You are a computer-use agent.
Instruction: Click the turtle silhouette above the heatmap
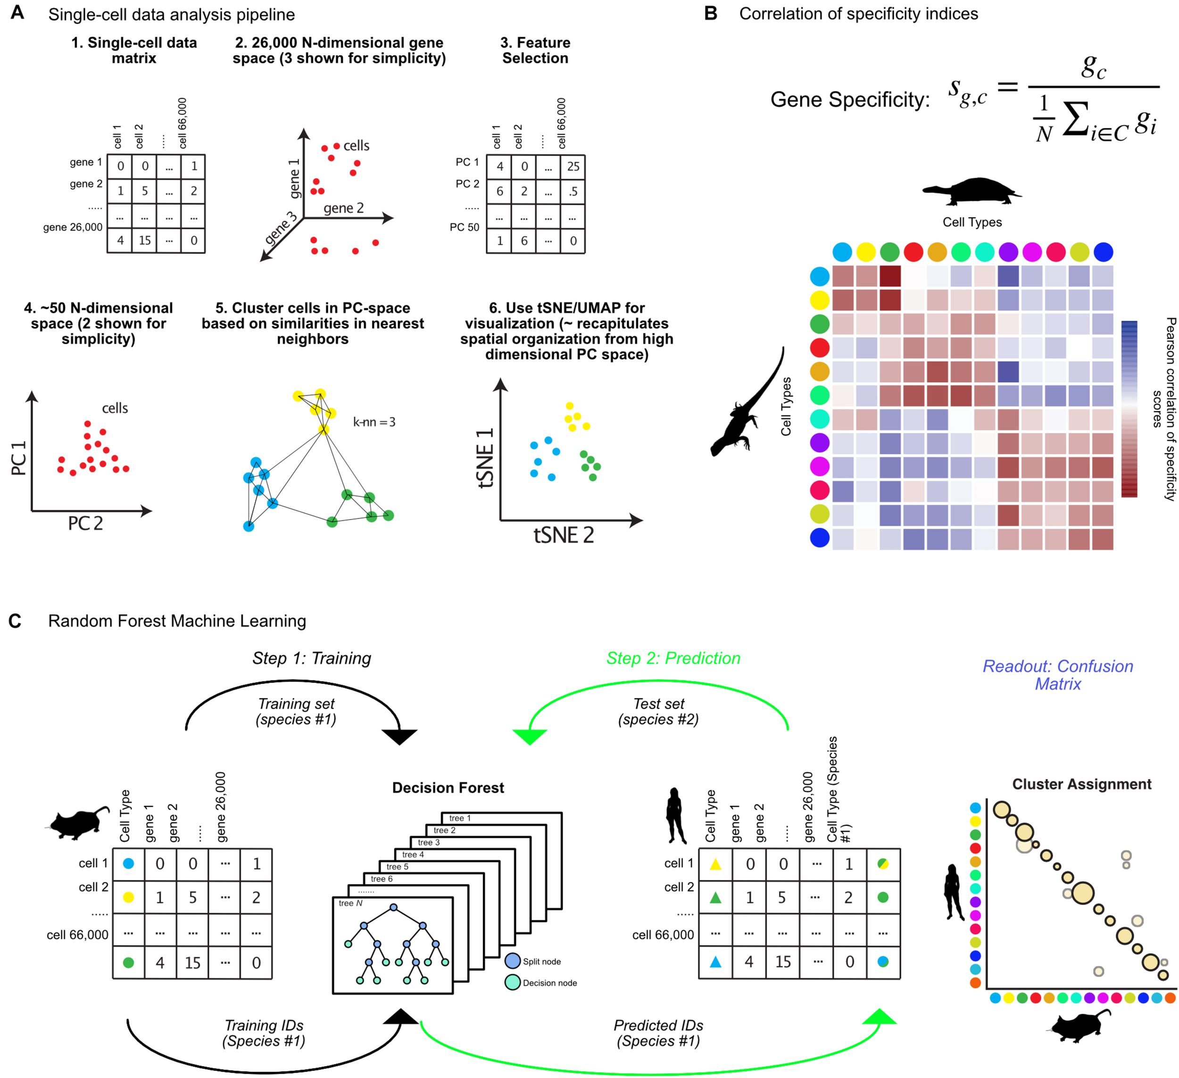(x=972, y=191)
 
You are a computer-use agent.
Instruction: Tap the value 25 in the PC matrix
(x=573, y=167)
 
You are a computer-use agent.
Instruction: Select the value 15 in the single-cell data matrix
(x=144, y=240)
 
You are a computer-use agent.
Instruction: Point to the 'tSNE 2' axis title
(x=563, y=535)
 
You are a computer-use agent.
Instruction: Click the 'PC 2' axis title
(x=85, y=523)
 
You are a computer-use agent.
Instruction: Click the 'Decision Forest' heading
(x=448, y=788)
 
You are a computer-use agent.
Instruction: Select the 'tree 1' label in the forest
(x=460, y=818)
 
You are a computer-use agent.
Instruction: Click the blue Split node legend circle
(x=512, y=961)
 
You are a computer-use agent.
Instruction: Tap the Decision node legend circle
(x=512, y=983)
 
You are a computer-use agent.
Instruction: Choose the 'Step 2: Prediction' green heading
(x=673, y=658)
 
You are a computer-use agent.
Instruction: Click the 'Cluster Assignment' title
(x=1081, y=784)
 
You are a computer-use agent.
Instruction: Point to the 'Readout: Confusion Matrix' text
(x=1057, y=675)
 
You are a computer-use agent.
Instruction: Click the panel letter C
(x=15, y=621)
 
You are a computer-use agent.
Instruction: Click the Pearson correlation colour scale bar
(x=1129, y=409)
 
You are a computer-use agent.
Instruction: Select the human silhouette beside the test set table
(x=676, y=816)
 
